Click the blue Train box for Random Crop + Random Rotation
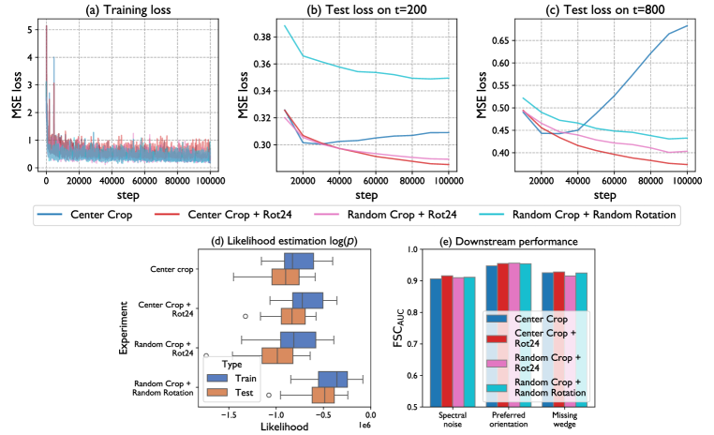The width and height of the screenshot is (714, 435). coord(333,379)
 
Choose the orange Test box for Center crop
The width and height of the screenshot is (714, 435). coord(285,277)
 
